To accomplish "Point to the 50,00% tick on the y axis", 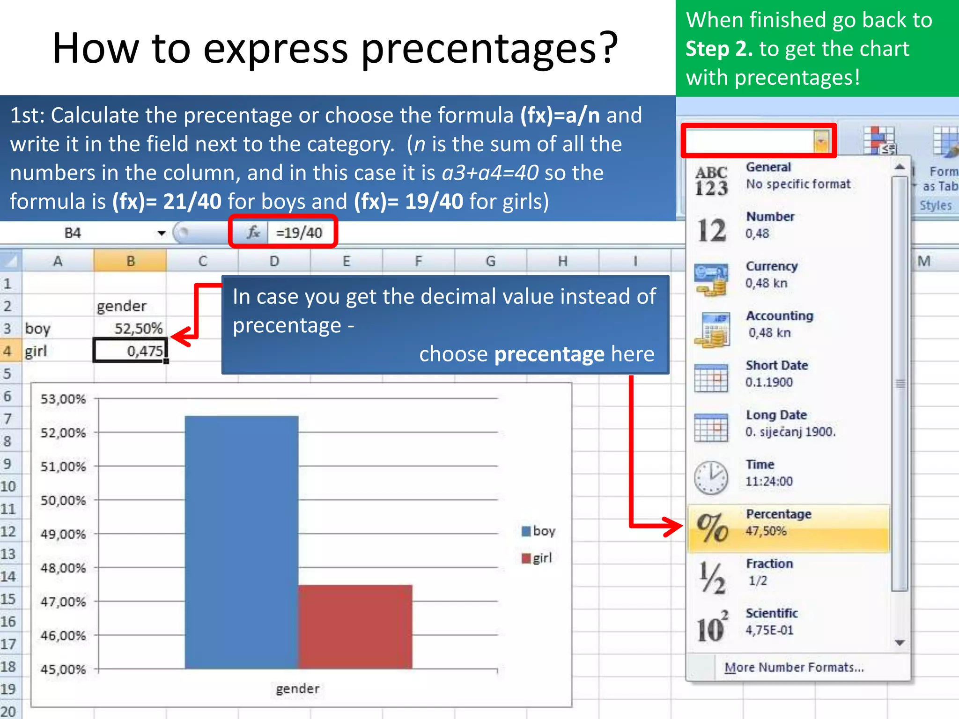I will [x=63, y=500].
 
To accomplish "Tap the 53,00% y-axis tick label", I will [x=63, y=399].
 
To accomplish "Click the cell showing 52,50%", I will [x=131, y=328].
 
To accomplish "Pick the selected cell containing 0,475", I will [x=131, y=351].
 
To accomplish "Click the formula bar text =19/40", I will [x=299, y=233].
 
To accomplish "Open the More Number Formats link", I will [x=794, y=667].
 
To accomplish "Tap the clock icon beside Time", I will [x=711, y=477].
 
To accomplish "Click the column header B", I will [x=131, y=261].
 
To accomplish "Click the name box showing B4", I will [x=73, y=233].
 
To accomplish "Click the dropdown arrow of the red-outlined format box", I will [x=821, y=141].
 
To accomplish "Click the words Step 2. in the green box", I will [x=719, y=49].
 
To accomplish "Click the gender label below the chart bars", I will [x=298, y=689].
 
